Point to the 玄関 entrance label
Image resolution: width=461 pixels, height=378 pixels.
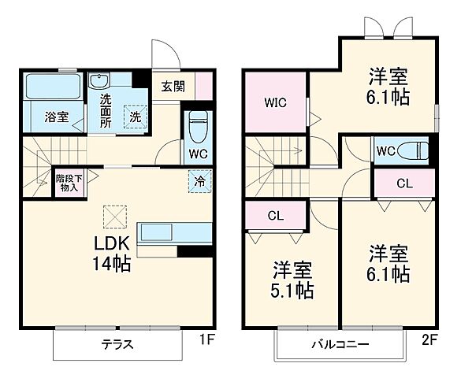click(173, 87)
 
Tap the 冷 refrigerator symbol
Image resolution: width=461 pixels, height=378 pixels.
click(199, 180)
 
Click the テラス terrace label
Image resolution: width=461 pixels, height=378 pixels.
click(116, 344)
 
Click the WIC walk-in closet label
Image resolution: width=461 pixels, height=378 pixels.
click(276, 103)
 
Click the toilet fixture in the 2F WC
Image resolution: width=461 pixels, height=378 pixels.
click(410, 150)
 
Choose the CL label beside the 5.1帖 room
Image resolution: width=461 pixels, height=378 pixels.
click(275, 215)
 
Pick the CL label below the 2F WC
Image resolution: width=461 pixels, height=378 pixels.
click(403, 183)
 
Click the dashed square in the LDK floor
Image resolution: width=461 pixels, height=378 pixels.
click(115, 215)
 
